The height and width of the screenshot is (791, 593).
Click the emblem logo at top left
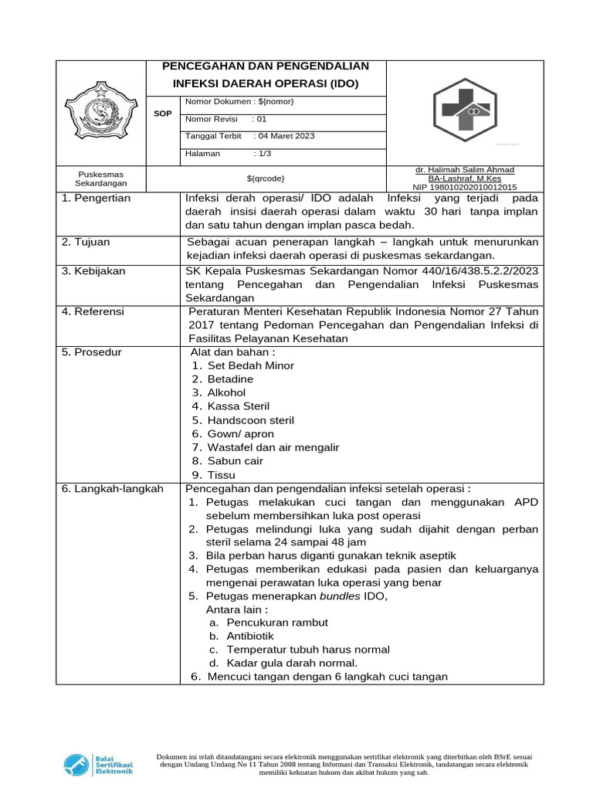click(x=102, y=112)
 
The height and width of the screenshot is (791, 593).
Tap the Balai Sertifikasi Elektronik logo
click(x=98, y=764)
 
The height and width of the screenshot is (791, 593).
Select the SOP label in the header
click(x=163, y=114)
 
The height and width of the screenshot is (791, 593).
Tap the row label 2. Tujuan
click(x=86, y=243)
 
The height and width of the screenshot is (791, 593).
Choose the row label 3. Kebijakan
click(x=93, y=272)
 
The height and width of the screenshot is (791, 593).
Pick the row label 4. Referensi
click(x=93, y=312)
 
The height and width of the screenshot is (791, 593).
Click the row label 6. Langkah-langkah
click(x=112, y=489)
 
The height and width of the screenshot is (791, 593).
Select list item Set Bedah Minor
click(x=250, y=366)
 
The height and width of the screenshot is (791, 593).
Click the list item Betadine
click(x=230, y=380)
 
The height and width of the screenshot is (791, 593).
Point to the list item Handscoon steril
click(x=250, y=420)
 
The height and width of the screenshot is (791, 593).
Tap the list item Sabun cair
click(x=235, y=461)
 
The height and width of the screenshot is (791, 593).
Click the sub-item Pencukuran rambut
click(x=277, y=623)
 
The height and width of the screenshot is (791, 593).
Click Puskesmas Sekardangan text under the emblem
click(x=101, y=179)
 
